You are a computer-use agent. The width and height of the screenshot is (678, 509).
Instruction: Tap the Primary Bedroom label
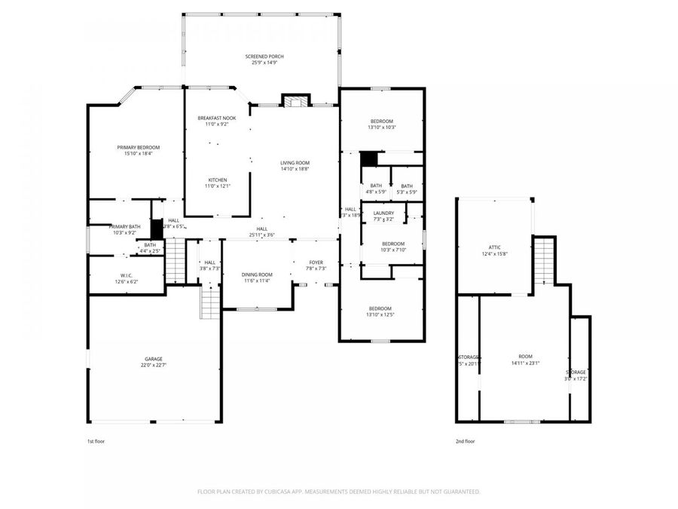click(x=138, y=148)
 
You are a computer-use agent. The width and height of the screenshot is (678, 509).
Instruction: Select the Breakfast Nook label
click(x=212, y=118)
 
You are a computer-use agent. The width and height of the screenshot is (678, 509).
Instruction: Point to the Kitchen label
click(x=217, y=179)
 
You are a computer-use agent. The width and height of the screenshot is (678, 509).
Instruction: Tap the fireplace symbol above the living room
click(x=295, y=101)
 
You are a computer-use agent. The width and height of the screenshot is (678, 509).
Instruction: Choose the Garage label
click(x=154, y=359)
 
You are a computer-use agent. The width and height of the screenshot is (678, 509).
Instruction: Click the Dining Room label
click(x=256, y=274)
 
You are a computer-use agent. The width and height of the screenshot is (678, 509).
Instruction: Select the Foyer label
click(x=316, y=262)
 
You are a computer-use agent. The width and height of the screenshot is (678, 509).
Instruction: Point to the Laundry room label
click(x=383, y=213)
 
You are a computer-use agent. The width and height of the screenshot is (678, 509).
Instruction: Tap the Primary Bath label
click(x=124, y=227)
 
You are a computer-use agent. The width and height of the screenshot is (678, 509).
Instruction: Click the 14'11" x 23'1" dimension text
click(x=525, y=363)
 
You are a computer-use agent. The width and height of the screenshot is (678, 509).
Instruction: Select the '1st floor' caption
click(x=96, y=441)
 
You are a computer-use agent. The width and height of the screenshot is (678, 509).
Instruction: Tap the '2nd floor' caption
click(x=465, y=441)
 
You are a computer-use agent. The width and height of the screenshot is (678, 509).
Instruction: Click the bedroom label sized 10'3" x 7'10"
click(x=392, y=244)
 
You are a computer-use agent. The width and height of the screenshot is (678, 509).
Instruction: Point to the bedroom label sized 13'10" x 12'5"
click(x=380, y=308)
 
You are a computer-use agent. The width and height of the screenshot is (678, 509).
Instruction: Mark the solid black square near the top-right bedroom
click(x=368, y=159)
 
